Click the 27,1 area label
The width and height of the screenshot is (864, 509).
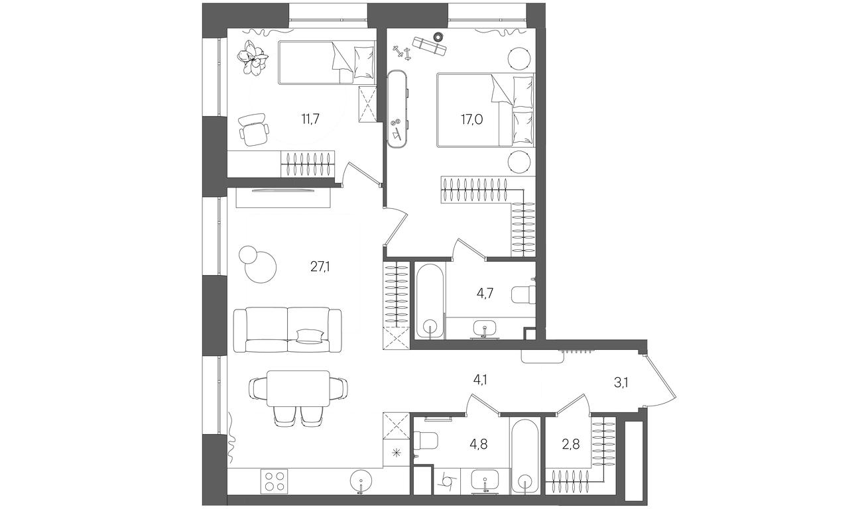click(320, 266)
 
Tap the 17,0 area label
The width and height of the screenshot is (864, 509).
click(471, 120)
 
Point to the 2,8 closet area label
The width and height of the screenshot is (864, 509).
click(570, 445)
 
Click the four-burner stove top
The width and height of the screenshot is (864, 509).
click(274, 481)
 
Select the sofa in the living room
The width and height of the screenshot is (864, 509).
click(287, 329)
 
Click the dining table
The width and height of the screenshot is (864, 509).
click(298, 388)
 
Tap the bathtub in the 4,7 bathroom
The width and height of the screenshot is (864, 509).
click(430, 302)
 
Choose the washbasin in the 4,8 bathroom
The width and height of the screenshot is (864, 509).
click(485, 481)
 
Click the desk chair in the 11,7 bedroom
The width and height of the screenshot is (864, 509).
click(253, 129)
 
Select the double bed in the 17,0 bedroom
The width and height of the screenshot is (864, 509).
click(485, 110)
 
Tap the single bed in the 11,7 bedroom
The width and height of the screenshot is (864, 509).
click(326, 62)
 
